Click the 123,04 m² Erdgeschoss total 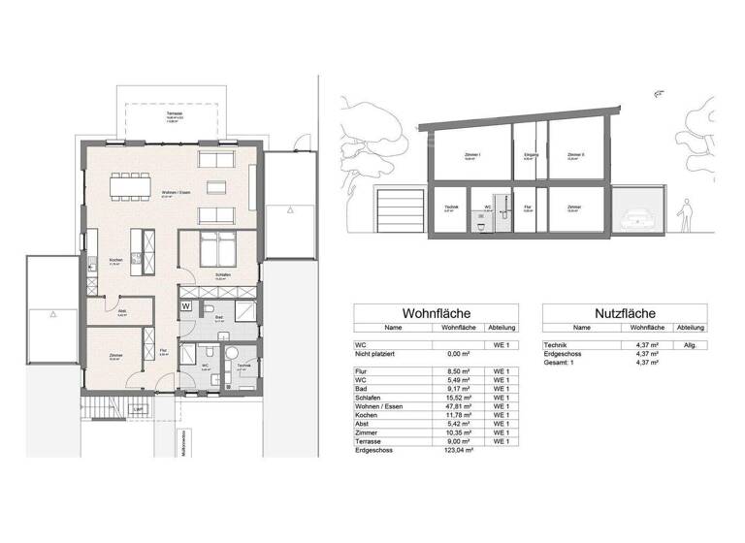[x=456, y=451]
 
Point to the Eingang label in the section [x=531, y=154]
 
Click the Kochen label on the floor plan [x=114, y=260]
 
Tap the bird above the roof [x=660, y=95]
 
